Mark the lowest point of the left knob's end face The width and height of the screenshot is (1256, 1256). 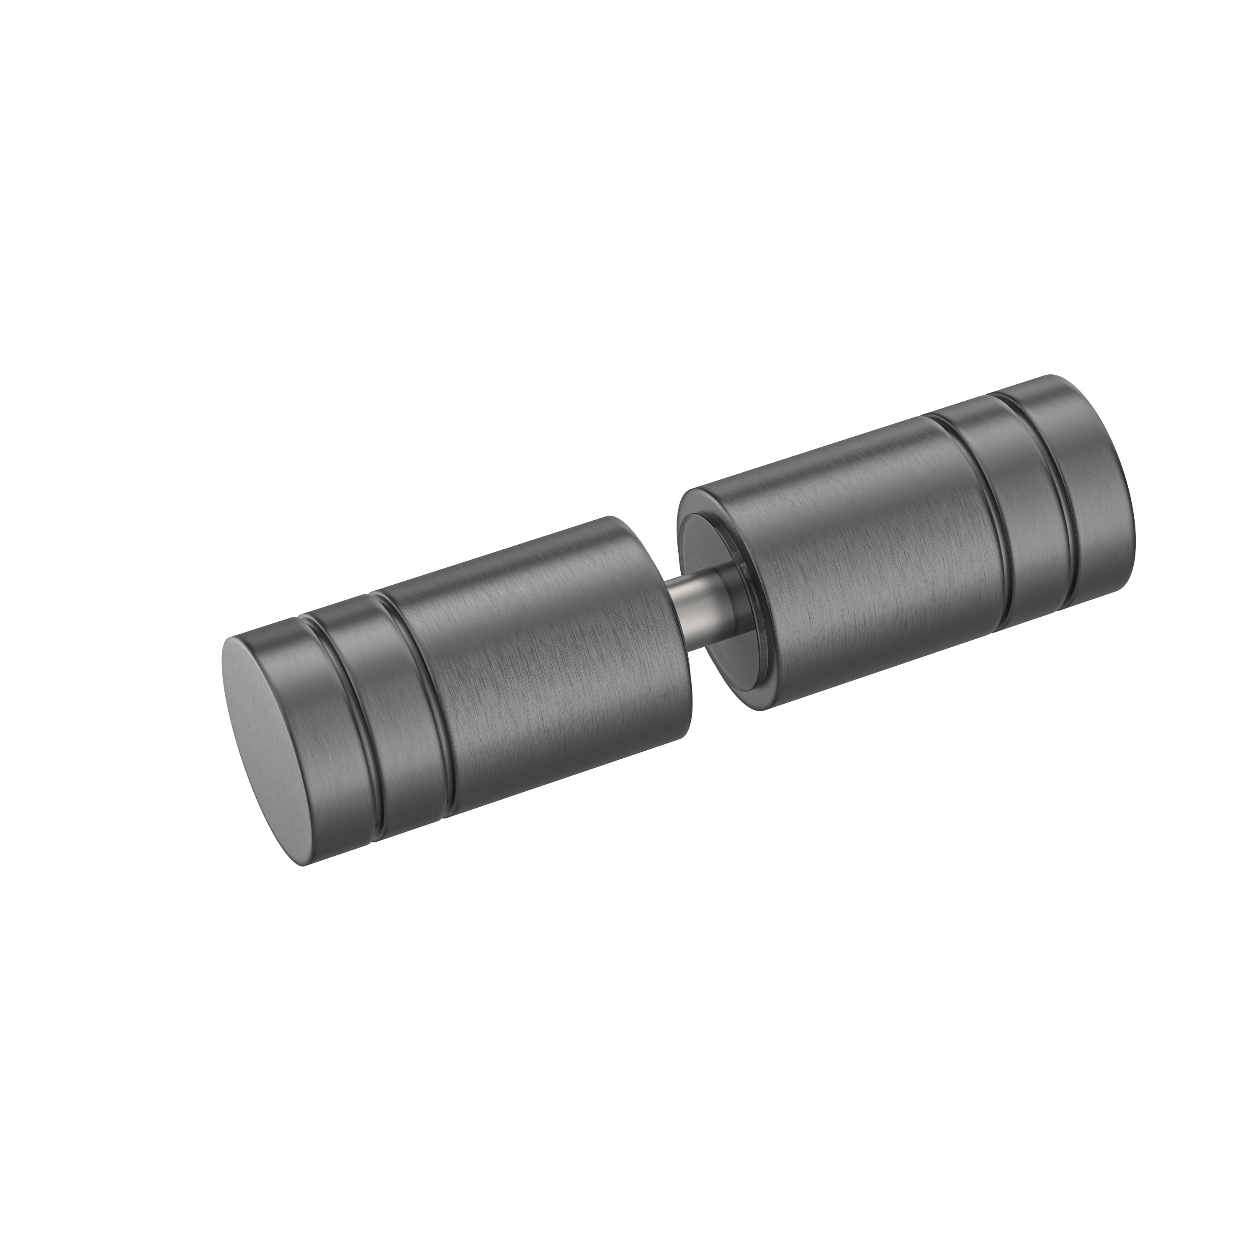306,865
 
